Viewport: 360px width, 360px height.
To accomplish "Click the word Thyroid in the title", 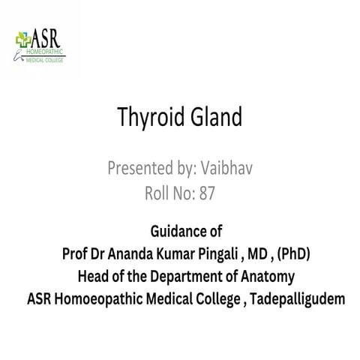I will pyautogui.click(x=145, y=118).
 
